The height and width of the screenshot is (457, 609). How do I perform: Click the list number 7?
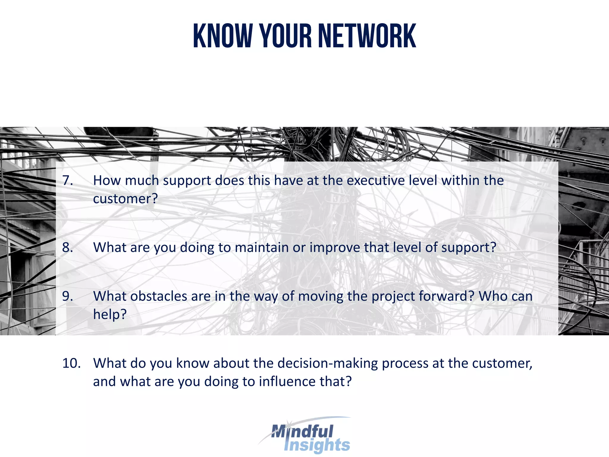pyautogui.click(x=68, y=180)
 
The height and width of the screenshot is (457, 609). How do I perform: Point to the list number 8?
pyautogui.click(x=68, y=247)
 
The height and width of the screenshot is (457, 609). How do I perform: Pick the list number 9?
pyautogui.click(x=68, y=296)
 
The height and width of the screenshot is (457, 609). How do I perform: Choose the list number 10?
pyautogui.click(x=71, y=363)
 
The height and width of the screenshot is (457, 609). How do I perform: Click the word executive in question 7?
pyautogui.click(x=376, y=180)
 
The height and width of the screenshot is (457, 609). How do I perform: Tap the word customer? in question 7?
pyautogui.click(x=125, y=199)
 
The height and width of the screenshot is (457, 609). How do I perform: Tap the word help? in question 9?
pyautogui.click(x=110, y=314)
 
